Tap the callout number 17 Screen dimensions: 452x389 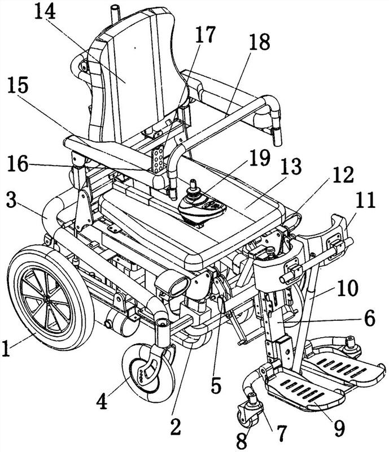point(206,35)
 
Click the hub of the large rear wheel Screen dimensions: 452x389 point(43,296)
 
